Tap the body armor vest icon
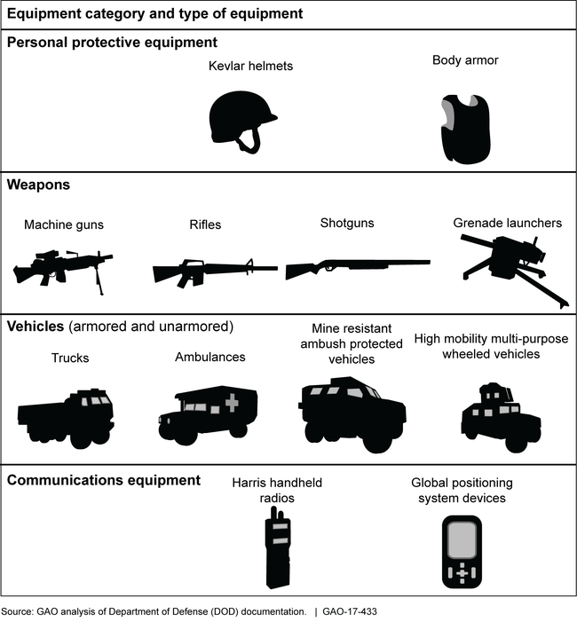coord(465,129)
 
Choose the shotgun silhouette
coord(355,267)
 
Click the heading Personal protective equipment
coord(112,42)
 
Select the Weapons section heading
coord(39,185)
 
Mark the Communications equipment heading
coord(104,480)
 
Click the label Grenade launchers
coord(507,223)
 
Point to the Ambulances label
coord(209,358)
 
